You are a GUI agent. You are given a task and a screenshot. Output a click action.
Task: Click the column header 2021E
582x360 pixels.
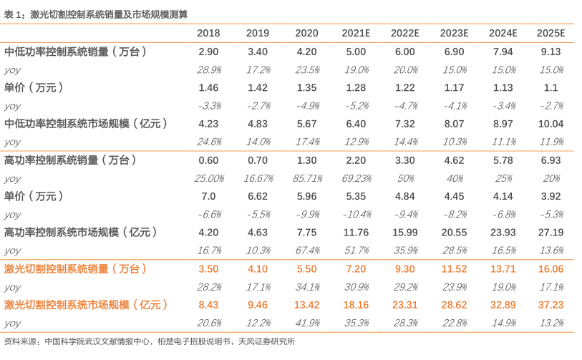coord(356,34)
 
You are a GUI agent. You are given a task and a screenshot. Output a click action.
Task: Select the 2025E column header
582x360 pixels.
coord(551,34)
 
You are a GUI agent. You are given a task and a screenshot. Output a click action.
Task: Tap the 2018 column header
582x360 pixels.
coord(208,34)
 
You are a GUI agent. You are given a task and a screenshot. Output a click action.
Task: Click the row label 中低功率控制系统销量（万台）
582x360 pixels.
coord(76,52)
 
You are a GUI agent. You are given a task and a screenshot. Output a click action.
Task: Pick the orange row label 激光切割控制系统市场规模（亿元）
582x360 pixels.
coord(86,304)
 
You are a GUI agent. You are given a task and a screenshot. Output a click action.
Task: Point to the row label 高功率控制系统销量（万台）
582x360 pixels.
coord(70,160)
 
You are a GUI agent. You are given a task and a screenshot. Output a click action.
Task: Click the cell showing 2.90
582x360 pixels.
coord(208,52)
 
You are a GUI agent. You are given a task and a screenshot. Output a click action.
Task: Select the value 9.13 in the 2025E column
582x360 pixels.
coord(551,52)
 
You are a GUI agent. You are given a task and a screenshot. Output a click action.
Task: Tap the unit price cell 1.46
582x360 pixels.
coord(208,87)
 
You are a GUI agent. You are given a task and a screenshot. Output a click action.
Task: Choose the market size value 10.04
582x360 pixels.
coord(551,123)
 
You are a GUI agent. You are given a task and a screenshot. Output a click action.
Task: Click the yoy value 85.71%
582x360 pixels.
coord(306,178)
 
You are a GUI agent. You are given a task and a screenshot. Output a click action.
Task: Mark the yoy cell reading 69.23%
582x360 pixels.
coord(356,178)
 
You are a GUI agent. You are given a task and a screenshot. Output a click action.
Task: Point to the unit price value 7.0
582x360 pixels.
coord(208,196)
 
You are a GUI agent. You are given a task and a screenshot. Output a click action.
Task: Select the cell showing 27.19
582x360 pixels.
coord(551,232)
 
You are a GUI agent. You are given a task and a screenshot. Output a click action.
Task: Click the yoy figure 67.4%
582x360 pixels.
coord(306,250)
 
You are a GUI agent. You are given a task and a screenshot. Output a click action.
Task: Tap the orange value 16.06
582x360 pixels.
coord(551,268)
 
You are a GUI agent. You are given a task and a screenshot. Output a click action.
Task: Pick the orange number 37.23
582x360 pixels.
coord(551,304)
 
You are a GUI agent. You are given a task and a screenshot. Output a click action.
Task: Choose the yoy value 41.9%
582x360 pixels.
coord(306,323)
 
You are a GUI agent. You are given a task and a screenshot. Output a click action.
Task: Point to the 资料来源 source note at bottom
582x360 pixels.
coord(149,341)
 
